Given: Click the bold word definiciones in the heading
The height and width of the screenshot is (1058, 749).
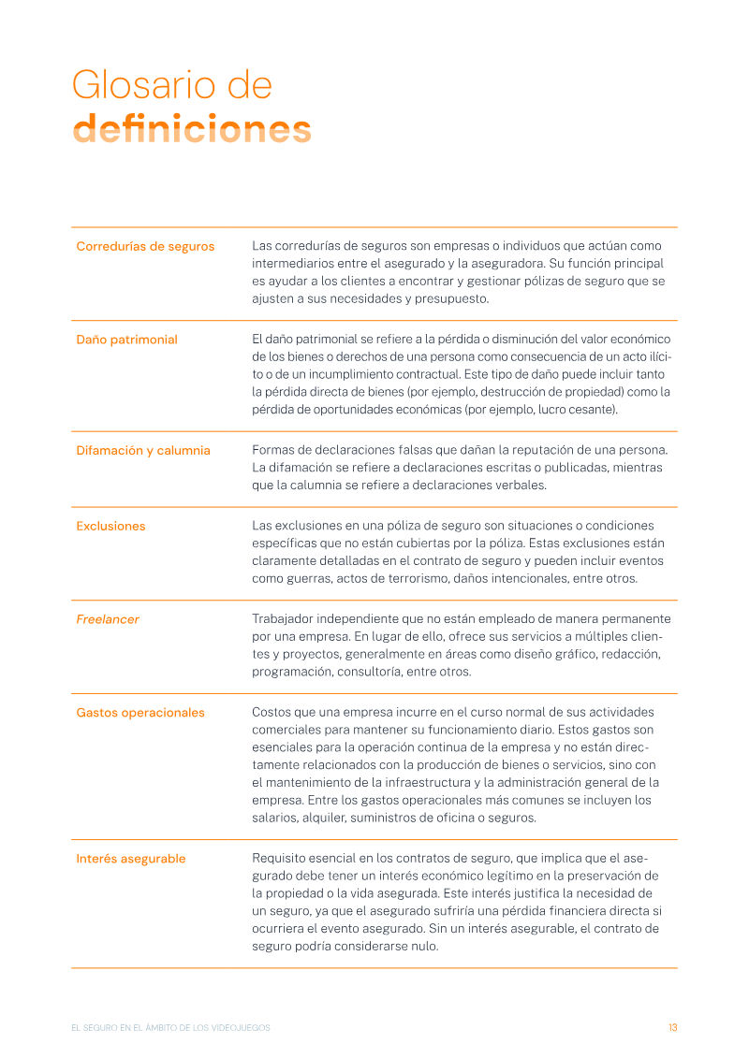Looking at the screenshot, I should pyautogui.click(x=192, y=129).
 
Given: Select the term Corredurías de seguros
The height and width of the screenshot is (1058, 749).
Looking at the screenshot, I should pyautogui.click(x=145, y=246).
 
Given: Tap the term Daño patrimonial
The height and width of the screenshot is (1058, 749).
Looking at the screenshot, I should pyautogui.click(x=126, y=340).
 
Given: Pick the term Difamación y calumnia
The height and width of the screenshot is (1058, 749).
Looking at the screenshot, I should pyautogui.click(x=143, y=450).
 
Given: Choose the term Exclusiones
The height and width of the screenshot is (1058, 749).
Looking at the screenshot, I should pyautogui.click(x=110, y=526).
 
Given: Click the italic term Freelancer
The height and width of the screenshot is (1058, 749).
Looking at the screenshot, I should pyautogui.click(x=108, y=619).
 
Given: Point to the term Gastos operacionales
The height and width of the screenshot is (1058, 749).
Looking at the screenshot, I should pyautogui.click(x=140, y=713).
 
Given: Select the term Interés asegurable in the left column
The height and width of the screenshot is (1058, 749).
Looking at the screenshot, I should pyautogui.click(x=131, y=859).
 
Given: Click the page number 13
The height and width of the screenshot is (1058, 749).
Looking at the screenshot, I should pyautogui.click(x=672, y=1027).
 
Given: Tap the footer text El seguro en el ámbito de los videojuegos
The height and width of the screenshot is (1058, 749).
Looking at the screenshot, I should pyautogui.click(x=170, y=1027).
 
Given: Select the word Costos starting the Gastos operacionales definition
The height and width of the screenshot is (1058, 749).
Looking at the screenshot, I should pyautogui.click(x=272, y=713).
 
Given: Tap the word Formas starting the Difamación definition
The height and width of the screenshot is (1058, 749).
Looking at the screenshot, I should pyautogui.click(x=274, y=450).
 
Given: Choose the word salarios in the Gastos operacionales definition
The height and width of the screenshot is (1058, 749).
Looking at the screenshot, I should pyautogui.click(x=274, y=818).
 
